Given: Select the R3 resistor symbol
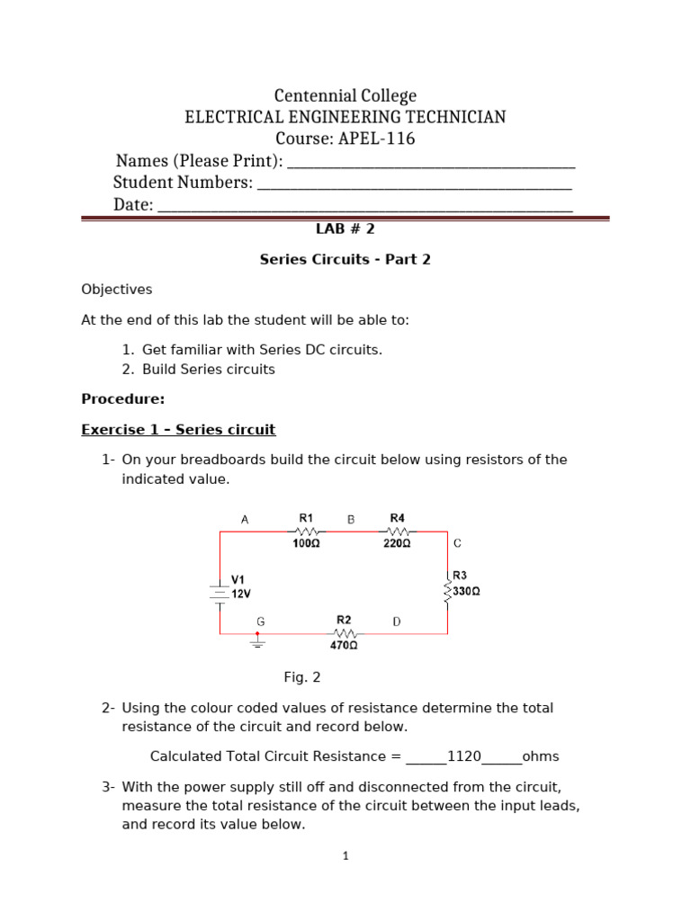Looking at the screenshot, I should pos(447,591).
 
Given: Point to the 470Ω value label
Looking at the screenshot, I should pos(344,645).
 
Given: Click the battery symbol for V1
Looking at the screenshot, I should pos(220,593).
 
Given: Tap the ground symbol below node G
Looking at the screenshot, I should pos(257,640).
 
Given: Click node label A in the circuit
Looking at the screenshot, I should pos(244,519).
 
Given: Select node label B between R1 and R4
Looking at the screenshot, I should pos(351,519).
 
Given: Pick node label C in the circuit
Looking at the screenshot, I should pos(457,543).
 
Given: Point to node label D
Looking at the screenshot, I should pos(397,621).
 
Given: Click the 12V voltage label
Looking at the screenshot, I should pos(242,595).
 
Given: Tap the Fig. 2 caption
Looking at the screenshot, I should pos(302,677).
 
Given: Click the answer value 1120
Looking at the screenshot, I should pos(464,756).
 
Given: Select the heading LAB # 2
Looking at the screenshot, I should pos(345,229).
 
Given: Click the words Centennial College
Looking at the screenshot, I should pos(345,95).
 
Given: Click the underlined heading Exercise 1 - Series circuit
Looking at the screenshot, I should pos(178,429).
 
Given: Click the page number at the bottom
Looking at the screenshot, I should pos(345,856).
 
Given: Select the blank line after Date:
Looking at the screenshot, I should pos(364,206).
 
